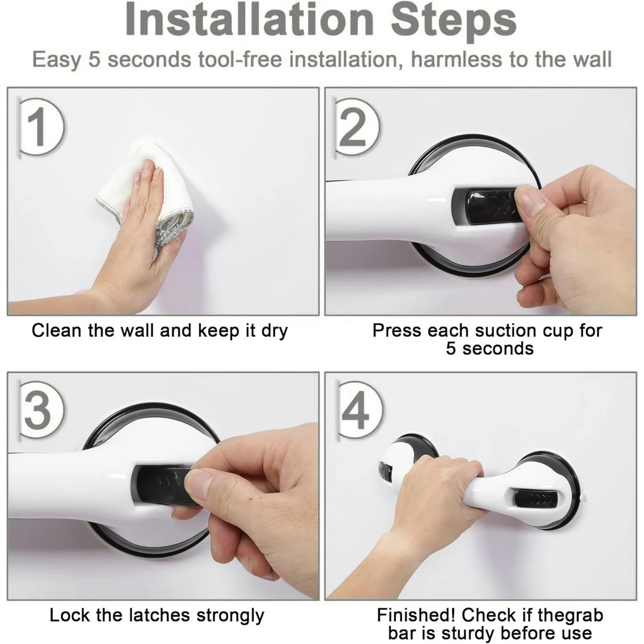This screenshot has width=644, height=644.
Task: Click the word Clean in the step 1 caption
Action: tap(56, 331)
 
